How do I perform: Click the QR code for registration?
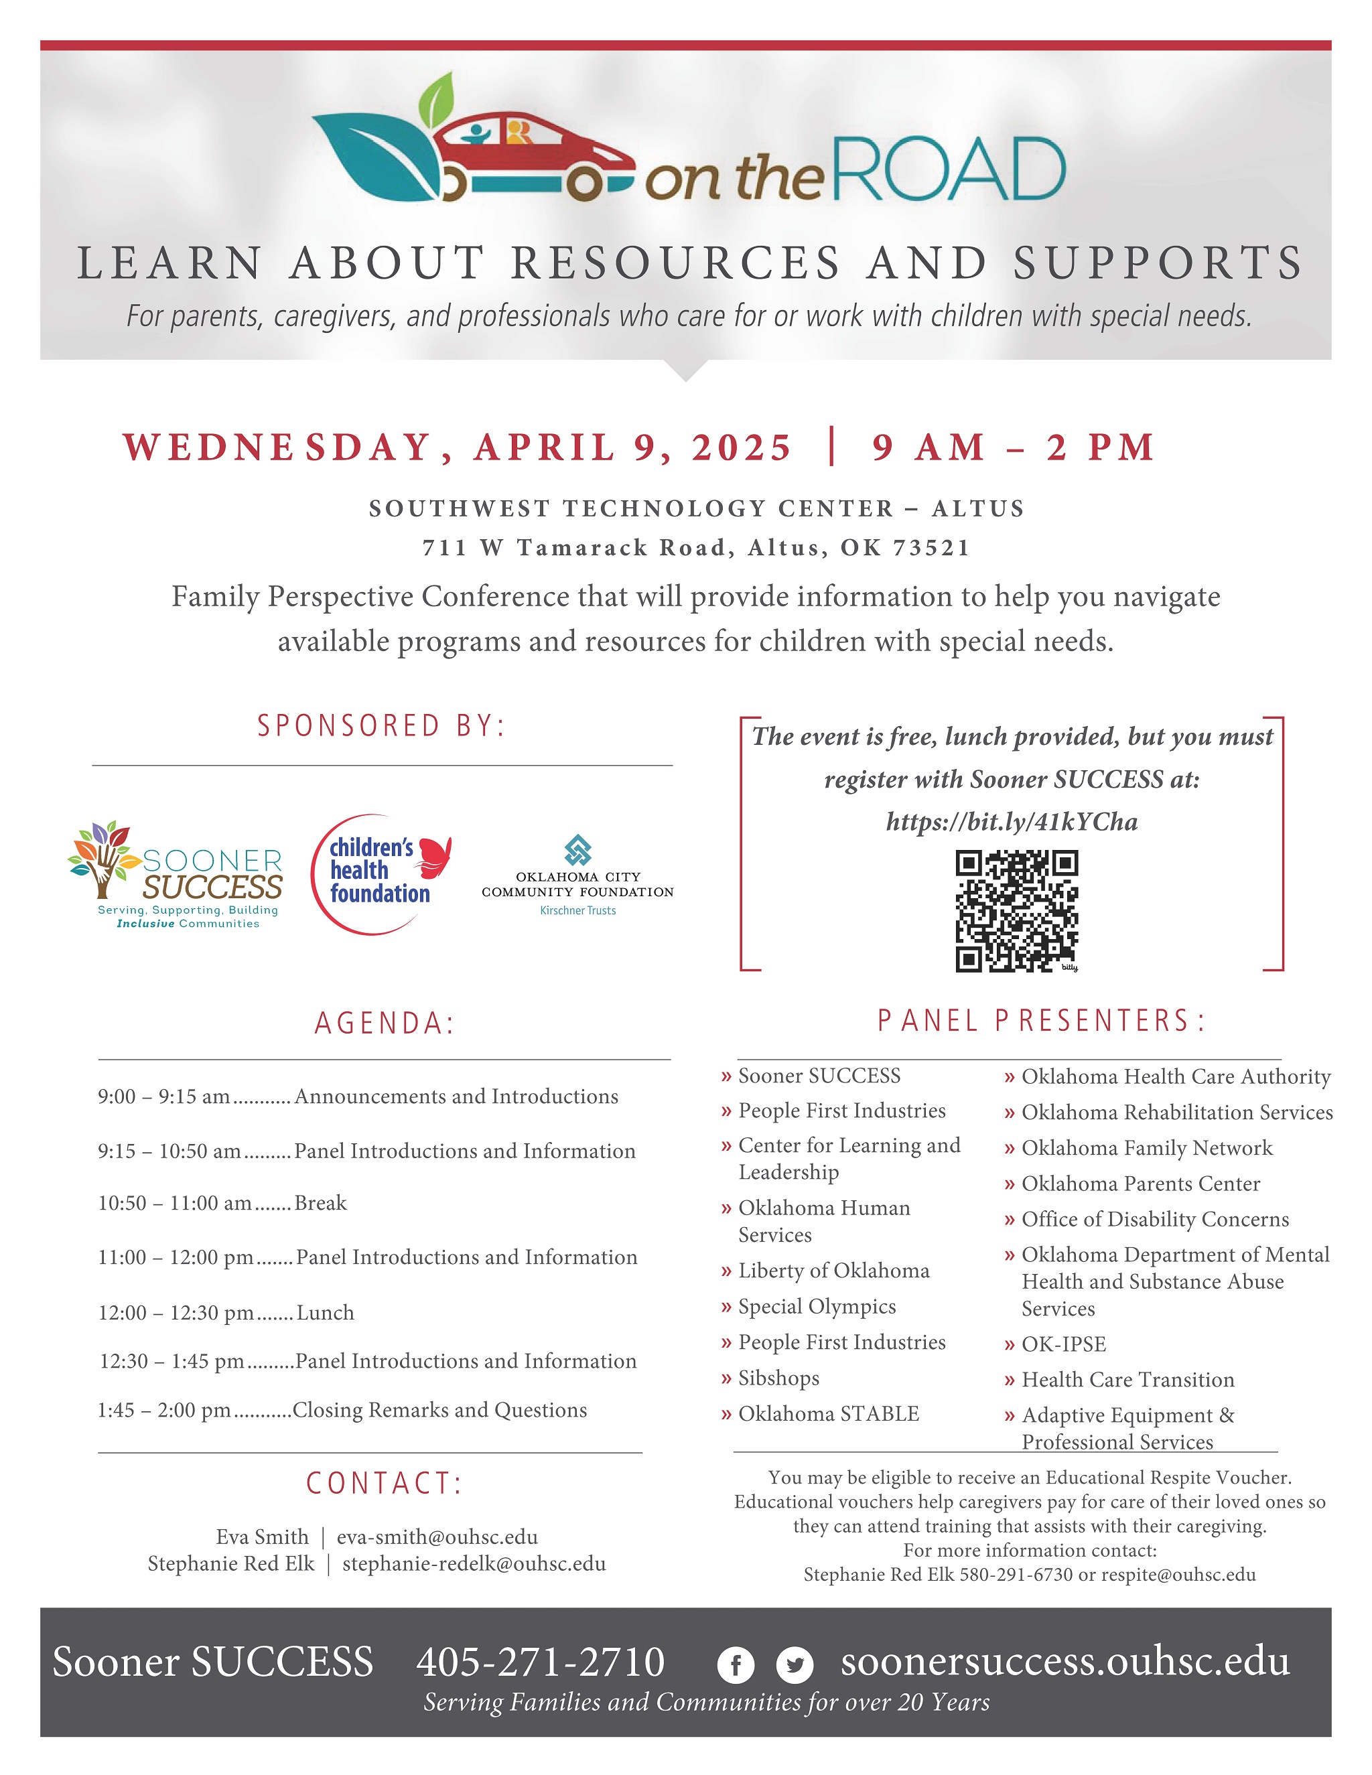point(1016,910)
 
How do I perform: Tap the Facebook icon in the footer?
point(736,1665)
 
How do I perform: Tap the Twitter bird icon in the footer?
point(794,1665)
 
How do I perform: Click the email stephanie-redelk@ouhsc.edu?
point(474,1564)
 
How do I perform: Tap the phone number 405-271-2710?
point(541,1662)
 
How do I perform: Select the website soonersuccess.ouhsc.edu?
point(1065,1662)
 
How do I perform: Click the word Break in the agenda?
point(320,1203)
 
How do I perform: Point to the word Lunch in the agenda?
point(325,1313)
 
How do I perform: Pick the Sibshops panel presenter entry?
point(778,1378)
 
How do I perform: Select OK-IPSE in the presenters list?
point(1063,1344)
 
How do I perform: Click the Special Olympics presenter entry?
point(816,1306)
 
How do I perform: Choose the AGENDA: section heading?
point(385,1023)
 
